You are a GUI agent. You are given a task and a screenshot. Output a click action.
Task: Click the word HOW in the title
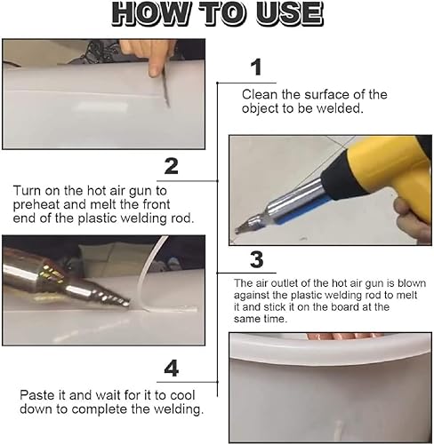pyautogui.click(x=150, y=14)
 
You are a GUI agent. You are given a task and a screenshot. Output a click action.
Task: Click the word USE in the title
pyautogui.click(x=289, y=14)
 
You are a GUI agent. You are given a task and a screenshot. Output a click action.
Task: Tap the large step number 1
pyautogui.click(x=256, y=67)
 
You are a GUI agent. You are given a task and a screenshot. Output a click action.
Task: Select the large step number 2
pyautogui.click(x=172, y=166)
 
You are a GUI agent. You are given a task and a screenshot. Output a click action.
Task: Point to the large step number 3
pyautogui.click(x=257, y=259)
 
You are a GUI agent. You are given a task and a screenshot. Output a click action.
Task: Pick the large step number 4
pyautogui.click(x=172, y=369)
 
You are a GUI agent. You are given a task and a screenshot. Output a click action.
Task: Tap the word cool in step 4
pyautogui.click(x=182, y=395)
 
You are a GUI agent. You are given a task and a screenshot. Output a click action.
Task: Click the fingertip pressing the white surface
pyautogui.click(x=154, y=72)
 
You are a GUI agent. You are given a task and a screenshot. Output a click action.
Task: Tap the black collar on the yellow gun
pyautogui.click(x=336, y=178)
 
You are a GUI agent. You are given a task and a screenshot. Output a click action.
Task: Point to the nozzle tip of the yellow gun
pyautogui.click(x=239, y=229)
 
